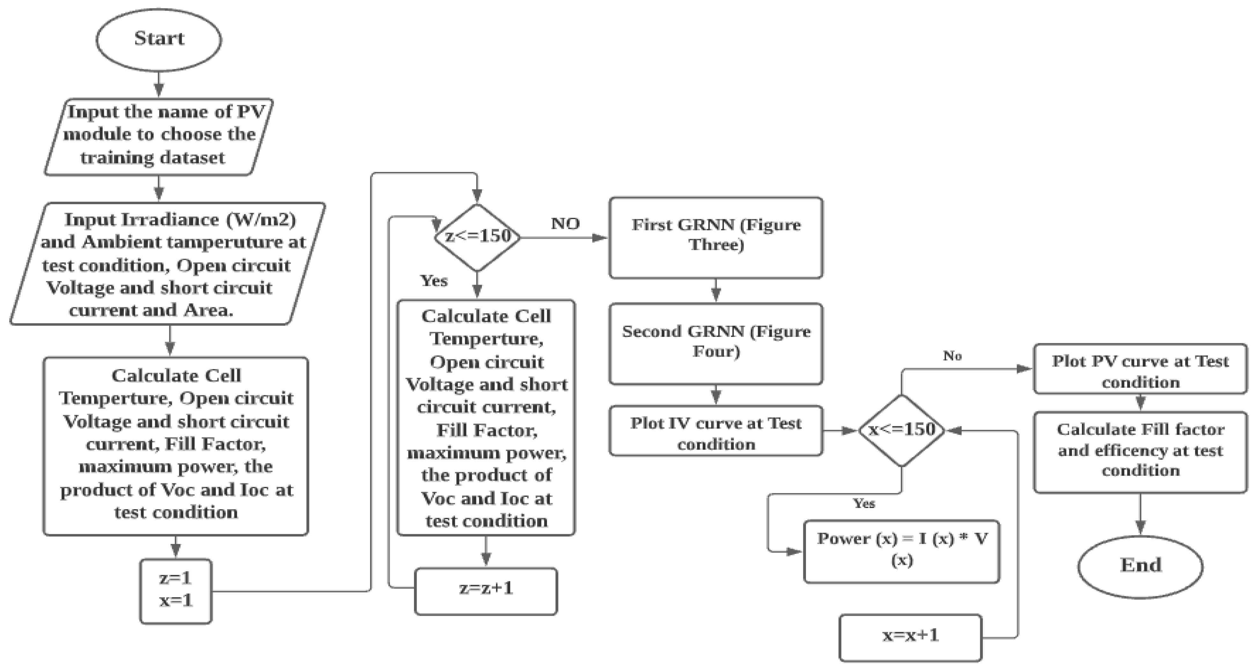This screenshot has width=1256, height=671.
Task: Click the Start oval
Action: tap(159, 39)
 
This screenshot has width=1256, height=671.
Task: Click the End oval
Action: tap(1140, 566)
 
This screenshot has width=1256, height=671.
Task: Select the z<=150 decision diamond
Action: tap(477, 237)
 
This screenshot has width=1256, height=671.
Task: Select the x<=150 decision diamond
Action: tap(902, 430)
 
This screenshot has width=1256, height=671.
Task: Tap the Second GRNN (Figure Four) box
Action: tap(715, 343)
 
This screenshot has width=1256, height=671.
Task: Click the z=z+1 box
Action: tap(486, 591)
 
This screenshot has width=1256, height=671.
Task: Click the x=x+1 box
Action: tap(910, 637)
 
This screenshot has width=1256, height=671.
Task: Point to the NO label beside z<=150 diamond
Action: tap(565, 224)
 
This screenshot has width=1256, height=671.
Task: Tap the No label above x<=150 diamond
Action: tap(952, 356)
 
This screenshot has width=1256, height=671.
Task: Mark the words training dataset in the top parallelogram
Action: tap(152, 158)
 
